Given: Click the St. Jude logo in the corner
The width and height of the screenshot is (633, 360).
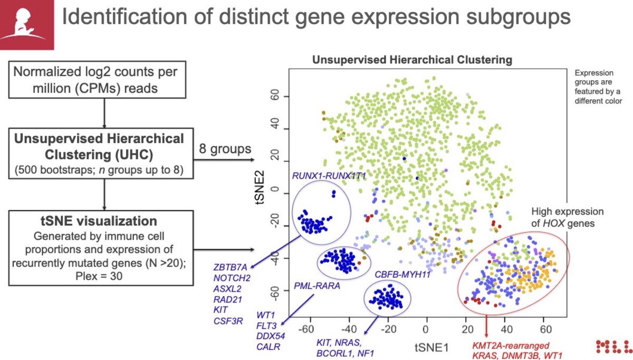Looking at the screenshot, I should click(x=24, y=24).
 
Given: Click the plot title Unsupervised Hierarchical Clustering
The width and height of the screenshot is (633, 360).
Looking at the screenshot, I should click(x=412, y=60).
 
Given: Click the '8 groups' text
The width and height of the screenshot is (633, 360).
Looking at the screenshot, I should click(x=225, y=148).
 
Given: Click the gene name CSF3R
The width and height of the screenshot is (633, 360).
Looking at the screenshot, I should click(x=228, y=319).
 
